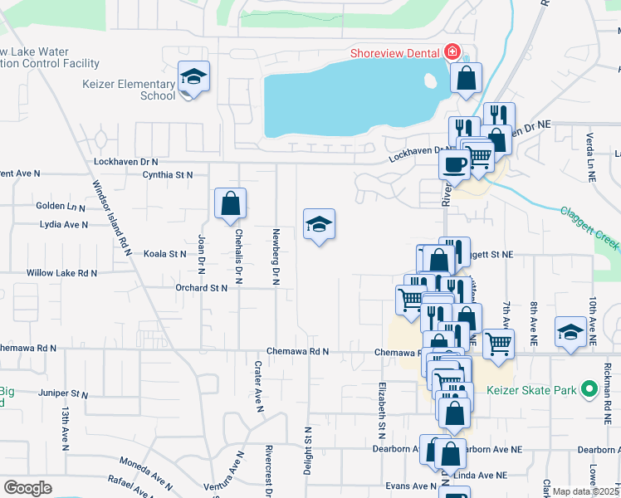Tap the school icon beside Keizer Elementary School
(193, 79)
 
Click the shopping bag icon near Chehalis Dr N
(231, 204)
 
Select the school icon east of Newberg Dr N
(319, 224)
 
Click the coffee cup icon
(455, 164)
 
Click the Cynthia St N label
(167, 175)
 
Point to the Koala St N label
(165, 254)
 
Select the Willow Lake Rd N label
(61, 273)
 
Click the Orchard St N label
(201, 288)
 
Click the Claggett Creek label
(588, 228)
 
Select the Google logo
(28, 488)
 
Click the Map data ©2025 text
(586, 491)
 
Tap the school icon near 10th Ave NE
(570, 334)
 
